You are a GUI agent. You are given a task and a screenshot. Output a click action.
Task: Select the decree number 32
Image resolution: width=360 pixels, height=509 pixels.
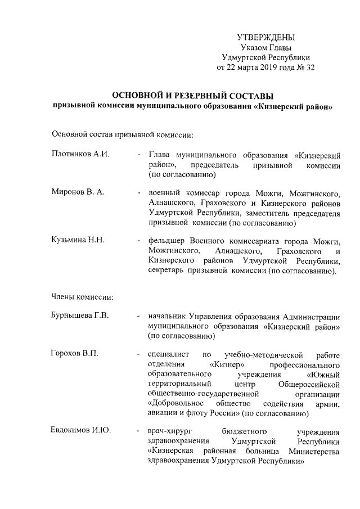[x=309, y=67]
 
